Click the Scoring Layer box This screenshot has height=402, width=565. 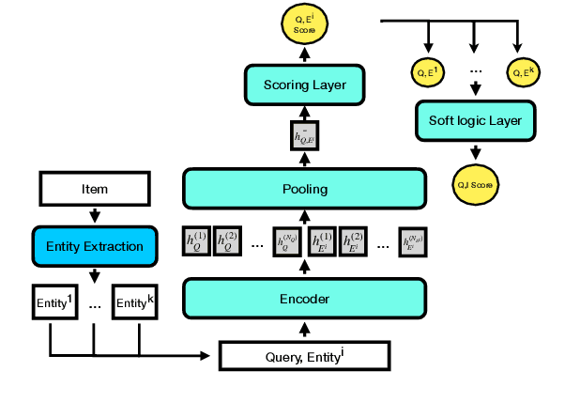[x=305, y=85]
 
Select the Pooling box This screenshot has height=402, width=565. [x=305, y=189]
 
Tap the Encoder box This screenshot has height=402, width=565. [x=305, y=299]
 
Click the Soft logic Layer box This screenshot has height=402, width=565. [x=476, y=120]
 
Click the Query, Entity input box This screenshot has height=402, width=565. [x=303, y=355]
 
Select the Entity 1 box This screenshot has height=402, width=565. [x=53, y=302]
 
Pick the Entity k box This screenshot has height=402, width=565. [x=136, y=302]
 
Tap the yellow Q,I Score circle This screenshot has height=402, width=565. [x=476, y=184]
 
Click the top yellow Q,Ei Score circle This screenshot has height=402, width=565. [x=305, y=23]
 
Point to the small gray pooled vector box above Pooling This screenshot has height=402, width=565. [x=306, y=136]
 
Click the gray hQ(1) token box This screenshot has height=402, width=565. [x=195, y=241]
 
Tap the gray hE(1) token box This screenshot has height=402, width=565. [x=320, y=241]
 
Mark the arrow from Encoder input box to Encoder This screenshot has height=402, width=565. [x=305, y=329]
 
